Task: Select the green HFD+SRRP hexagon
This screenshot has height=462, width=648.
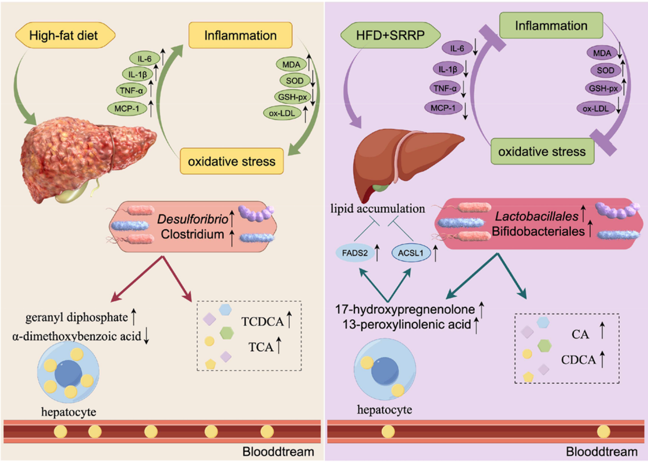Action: click(390, 35)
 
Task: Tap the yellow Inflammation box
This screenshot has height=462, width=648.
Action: click(240, 35)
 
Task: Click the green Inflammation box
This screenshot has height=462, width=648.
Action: click(551, 26)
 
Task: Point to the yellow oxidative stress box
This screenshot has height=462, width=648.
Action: click(231, 161)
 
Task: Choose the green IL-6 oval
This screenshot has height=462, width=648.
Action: click(144, 59)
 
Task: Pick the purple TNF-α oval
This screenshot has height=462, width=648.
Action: click(445, 88)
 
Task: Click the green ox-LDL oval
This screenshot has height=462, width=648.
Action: click(282, 113)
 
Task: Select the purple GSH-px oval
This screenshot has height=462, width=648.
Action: click(603, 88)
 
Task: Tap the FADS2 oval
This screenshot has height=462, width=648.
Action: click(355, 253)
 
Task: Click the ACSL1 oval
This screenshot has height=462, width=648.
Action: click(410, 253)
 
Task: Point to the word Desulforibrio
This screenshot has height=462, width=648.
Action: click(192, 219)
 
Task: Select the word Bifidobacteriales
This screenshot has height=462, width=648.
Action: click(538, 231)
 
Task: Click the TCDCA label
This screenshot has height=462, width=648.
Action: click(262, 322)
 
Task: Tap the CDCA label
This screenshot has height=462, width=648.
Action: click(578, 360)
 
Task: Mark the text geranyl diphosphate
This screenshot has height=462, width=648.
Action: click(76, 317)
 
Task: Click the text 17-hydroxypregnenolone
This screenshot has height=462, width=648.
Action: click(405, 309)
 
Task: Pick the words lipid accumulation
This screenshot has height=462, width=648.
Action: click(377, 209)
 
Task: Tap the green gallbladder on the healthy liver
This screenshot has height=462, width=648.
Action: click(380, 188)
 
